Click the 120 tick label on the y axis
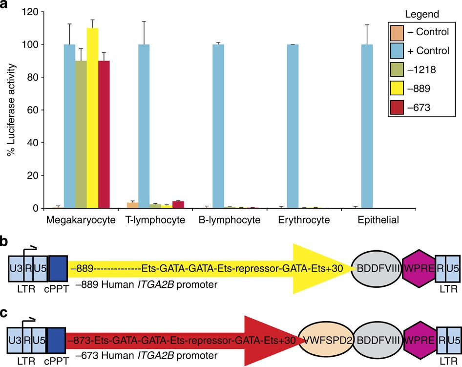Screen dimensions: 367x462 30,12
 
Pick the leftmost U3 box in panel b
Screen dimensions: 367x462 15,268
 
